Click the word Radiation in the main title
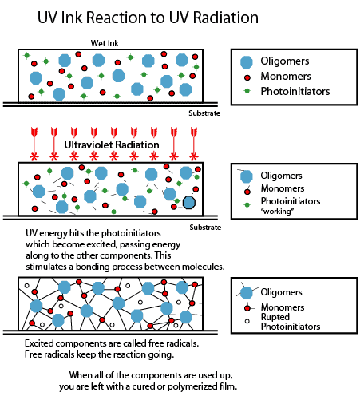226,18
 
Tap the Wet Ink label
105,43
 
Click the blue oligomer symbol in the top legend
247,62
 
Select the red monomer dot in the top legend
247,77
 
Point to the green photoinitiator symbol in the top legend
247,91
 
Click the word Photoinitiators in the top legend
295,91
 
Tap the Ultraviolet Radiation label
112,145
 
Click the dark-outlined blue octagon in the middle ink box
189,202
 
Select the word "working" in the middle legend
278,212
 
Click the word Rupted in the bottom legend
275,317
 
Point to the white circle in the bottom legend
247,321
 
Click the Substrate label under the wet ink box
204,113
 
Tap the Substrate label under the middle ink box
205,228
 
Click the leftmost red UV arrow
34,144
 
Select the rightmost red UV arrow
194,144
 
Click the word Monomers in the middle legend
283,188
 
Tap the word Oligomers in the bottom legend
281,292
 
